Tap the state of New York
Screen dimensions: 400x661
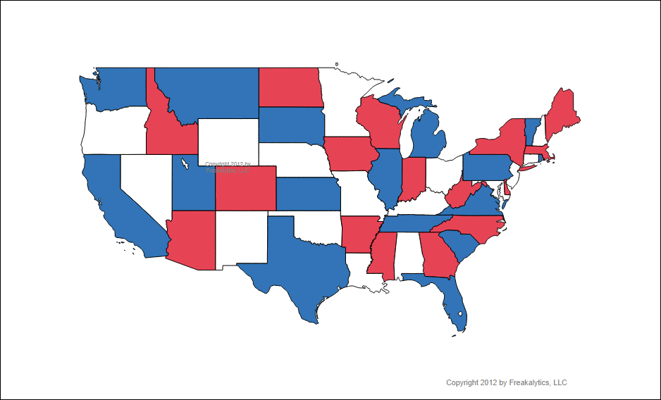click(x=504, y=137)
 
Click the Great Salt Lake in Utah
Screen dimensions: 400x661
click(x=184, y=165)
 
